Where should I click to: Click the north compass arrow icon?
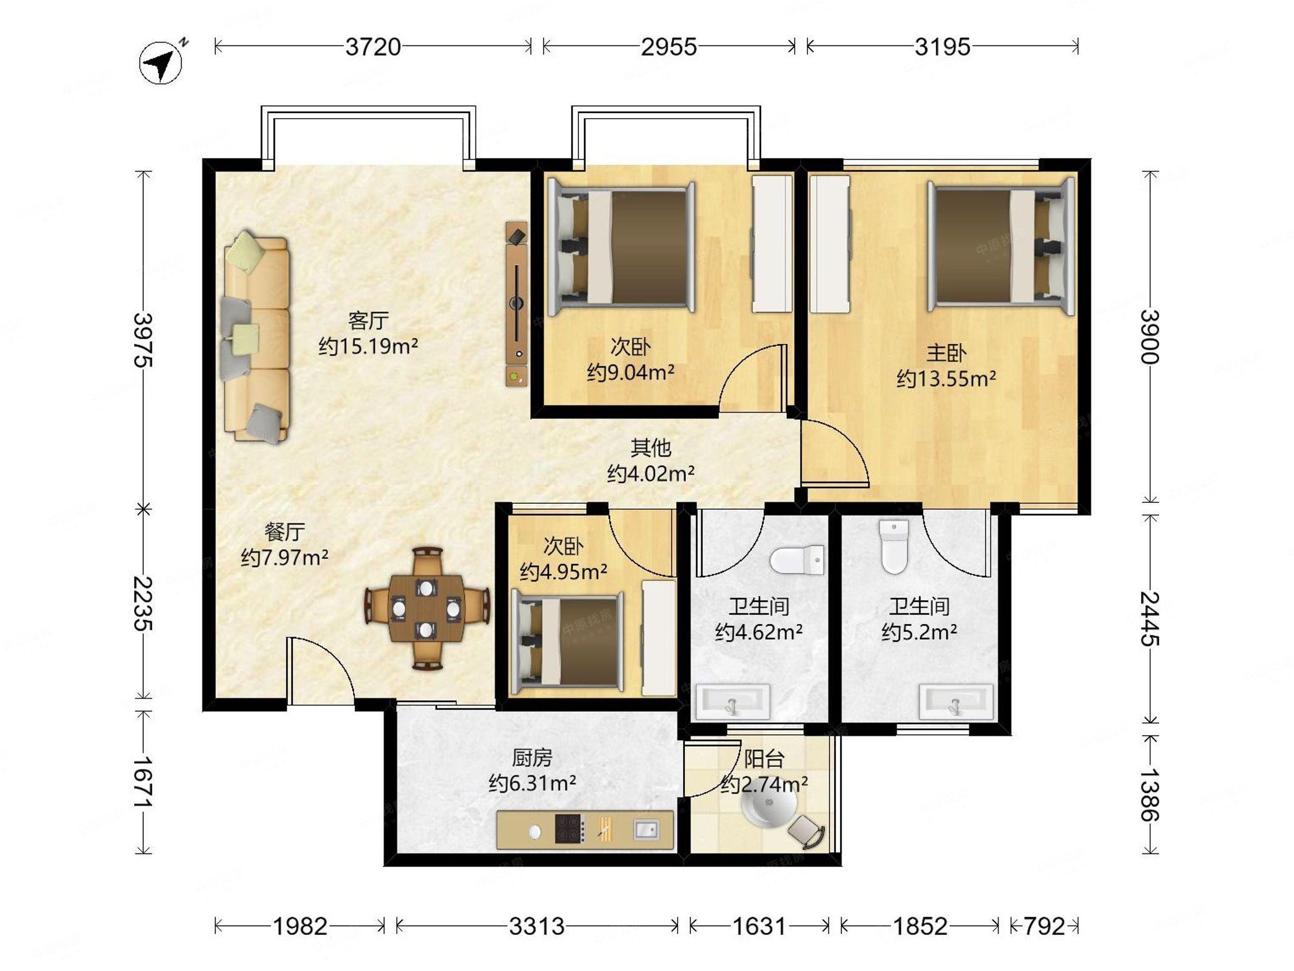coord(161,62)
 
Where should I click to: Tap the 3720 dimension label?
coord(373,47)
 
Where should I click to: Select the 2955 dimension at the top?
coord(669,47)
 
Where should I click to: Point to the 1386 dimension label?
coord(1150,795)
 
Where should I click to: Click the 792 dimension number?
coord(1044,926)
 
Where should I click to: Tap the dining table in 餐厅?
coord(426,608)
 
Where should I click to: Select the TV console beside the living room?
coord(517,303)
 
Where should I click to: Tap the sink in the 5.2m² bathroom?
coord(955,701)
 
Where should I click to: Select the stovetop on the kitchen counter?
coord(570,829)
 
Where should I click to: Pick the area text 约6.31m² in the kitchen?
coord(532,783)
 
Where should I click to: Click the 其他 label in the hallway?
coord(651,448)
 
